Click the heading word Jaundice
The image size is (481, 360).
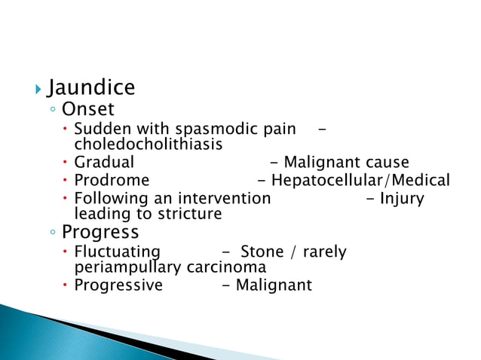[90, 88]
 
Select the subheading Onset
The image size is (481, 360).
[87, 110]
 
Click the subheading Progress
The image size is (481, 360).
[100, 230]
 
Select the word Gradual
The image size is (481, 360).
[104, 162]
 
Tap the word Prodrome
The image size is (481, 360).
[112, 181]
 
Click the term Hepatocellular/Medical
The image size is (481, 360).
[360, 181]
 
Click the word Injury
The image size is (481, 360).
[402, 199]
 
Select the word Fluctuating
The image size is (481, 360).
[117, 252]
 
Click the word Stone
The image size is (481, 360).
[261, 252]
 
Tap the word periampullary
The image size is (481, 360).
[127, 267]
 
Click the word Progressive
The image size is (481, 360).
[118, 285]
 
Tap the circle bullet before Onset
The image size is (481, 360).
[51, 111]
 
